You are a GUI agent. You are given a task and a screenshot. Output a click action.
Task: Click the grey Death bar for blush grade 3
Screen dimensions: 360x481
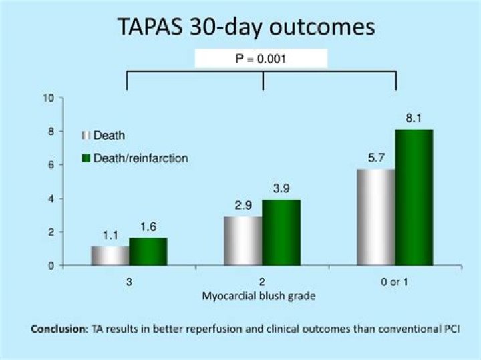point(110,256)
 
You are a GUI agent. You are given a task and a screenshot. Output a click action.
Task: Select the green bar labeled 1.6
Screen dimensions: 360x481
point(148,252)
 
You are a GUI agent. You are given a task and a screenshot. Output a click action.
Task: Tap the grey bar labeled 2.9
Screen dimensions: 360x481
point(243,240)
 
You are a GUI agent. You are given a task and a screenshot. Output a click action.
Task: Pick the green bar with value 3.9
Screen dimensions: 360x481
point(281,232)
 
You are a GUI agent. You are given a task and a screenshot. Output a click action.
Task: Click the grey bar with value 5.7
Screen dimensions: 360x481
point(376,217)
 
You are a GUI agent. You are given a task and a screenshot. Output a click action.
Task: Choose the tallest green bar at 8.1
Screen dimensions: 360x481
point(414,197)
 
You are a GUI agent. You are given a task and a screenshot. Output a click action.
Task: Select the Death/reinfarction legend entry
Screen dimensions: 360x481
point(134,158)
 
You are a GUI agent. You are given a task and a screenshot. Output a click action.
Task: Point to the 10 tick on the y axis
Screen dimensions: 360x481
point(48,98)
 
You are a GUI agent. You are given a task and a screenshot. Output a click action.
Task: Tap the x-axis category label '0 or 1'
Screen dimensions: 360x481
point(395,283)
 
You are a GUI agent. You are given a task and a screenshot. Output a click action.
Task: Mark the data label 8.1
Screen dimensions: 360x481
point(414,119)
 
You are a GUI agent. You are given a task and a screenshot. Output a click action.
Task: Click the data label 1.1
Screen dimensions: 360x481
point(110,236)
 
